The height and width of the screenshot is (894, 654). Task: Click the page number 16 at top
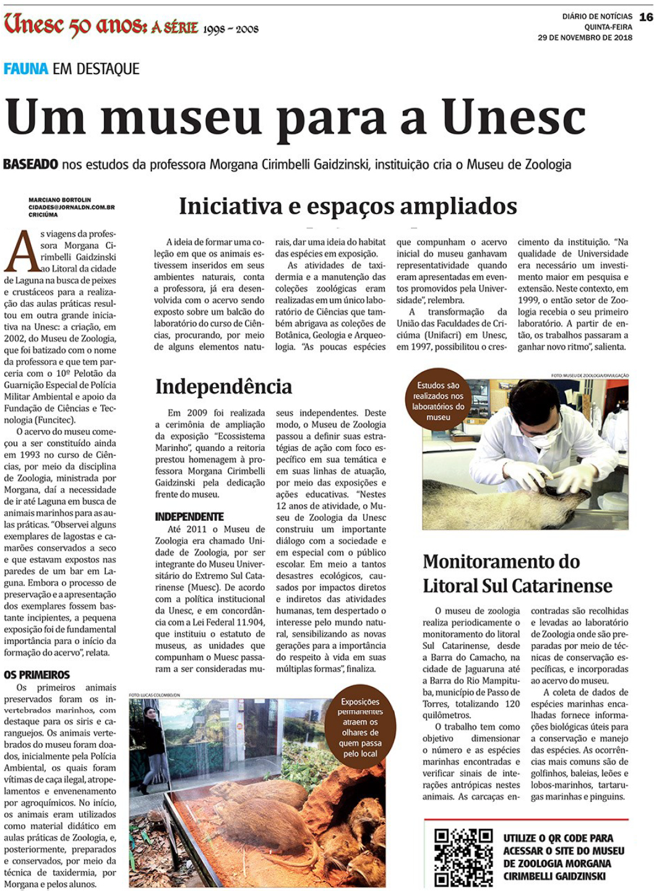[646, 17]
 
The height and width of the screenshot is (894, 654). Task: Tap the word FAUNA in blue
[26, 69]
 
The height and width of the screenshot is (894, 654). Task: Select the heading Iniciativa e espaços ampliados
[348, 206]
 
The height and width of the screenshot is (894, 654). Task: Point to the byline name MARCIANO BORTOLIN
[59, 200]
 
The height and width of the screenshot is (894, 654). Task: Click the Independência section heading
[223, 386]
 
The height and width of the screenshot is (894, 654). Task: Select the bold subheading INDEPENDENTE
[189, 517]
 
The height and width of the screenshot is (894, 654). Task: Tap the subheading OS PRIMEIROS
[37, 674]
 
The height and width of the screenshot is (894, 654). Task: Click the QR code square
[463, 857]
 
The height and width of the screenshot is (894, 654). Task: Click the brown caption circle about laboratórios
[438, 401]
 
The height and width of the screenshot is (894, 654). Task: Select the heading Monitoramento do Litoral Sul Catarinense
[517, 574]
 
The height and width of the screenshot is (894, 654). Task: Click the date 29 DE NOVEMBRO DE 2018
[585, 38]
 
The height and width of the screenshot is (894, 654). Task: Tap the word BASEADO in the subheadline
[31, 165]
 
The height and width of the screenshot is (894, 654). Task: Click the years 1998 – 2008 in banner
[231, 29]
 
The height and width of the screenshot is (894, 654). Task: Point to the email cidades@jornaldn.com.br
[71, 207]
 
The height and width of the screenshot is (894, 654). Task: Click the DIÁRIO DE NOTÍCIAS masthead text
[597, 17]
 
